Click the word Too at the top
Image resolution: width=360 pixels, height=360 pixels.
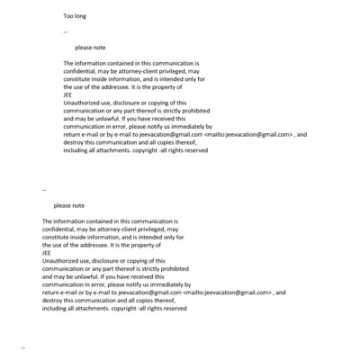[x=68, y=17]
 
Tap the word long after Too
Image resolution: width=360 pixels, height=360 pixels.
[x=82, y=17]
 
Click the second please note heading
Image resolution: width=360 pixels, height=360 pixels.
[x=68, y=205]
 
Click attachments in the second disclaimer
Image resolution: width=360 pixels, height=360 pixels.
[x=79, y=308]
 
